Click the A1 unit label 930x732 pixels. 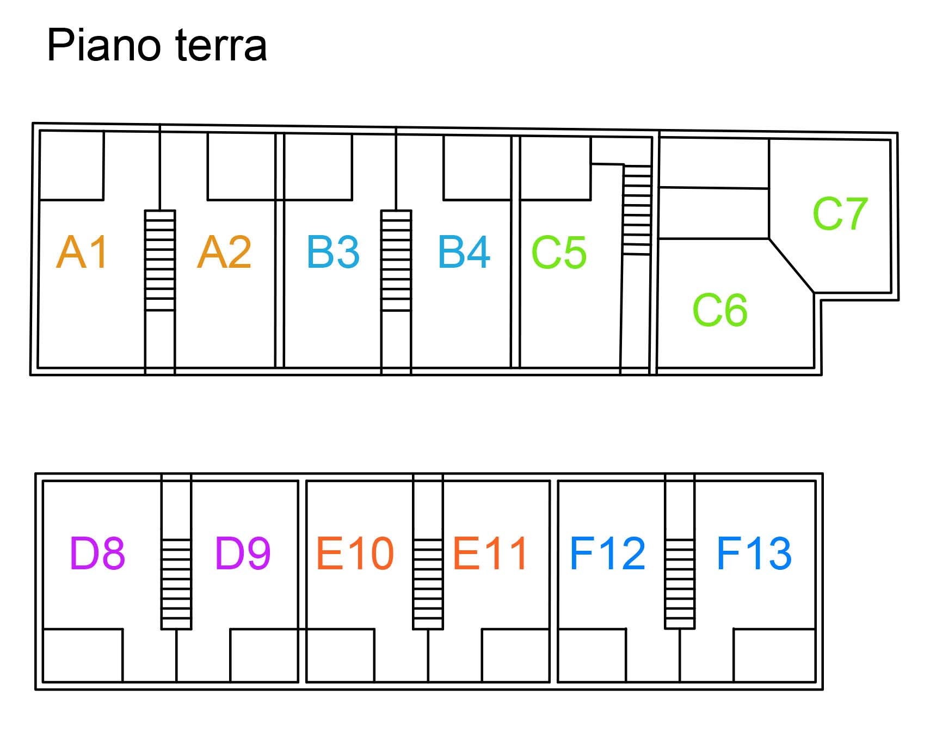(82, 252)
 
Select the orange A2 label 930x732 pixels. (224, 252)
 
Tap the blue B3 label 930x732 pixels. (333, 252)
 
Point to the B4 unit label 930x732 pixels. (464, 252)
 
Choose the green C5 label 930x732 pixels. (559, 253)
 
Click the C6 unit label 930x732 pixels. (719, 310)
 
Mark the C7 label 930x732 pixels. (840, 214)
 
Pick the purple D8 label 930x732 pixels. (97, 553)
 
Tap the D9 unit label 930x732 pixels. (243, 553)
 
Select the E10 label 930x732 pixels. (355, 553)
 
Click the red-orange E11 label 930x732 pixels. (490, 553)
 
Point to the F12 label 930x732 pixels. (607, 553)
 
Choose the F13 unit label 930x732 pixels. (754, 553)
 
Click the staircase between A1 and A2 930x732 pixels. (160, 260)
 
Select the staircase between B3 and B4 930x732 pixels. (396, 260)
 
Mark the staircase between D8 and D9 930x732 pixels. (176, 583)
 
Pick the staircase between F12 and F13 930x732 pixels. (680, 583)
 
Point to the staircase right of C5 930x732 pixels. (637, 210)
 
